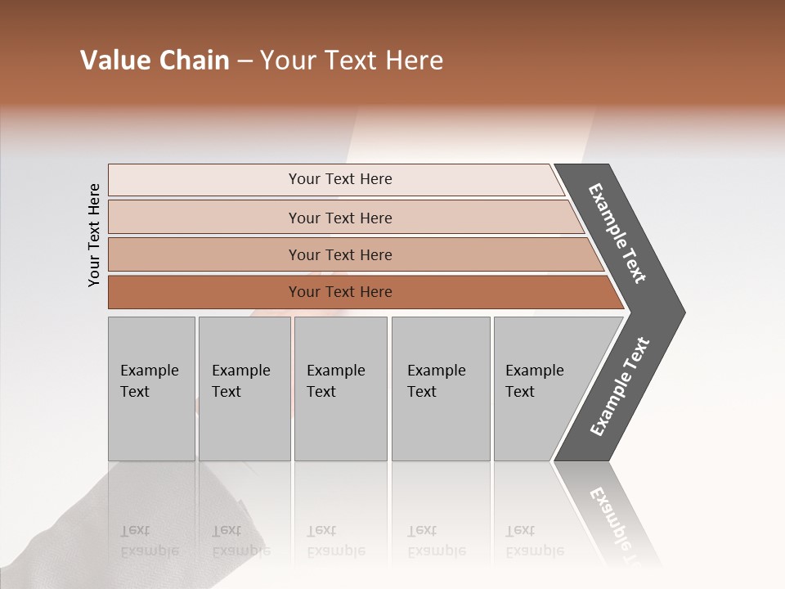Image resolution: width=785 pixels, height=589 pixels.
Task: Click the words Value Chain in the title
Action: tap(155, 61)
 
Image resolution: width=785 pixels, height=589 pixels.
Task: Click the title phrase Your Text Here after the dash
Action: tap(352, 61)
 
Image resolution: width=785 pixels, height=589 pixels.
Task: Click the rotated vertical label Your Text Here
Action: tap(95, 235)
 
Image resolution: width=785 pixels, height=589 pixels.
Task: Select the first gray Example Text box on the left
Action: tap(151, 389)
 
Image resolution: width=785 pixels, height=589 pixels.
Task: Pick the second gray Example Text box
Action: tap(244, 389)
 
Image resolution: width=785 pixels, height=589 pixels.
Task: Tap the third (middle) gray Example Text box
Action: tap(340, 389)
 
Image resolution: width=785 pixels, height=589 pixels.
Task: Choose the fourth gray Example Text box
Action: tap(440, 389)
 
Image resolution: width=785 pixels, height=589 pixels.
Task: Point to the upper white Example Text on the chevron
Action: tap(617, 233)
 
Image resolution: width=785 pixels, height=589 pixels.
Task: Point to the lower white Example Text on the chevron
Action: tap(620, 387)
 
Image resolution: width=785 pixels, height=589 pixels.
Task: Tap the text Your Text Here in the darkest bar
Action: tap(340, 292)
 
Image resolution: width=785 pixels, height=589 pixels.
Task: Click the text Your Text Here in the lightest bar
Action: tap(340, 179)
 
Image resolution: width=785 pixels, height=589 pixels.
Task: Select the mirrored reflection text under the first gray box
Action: tap(150, 541)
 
